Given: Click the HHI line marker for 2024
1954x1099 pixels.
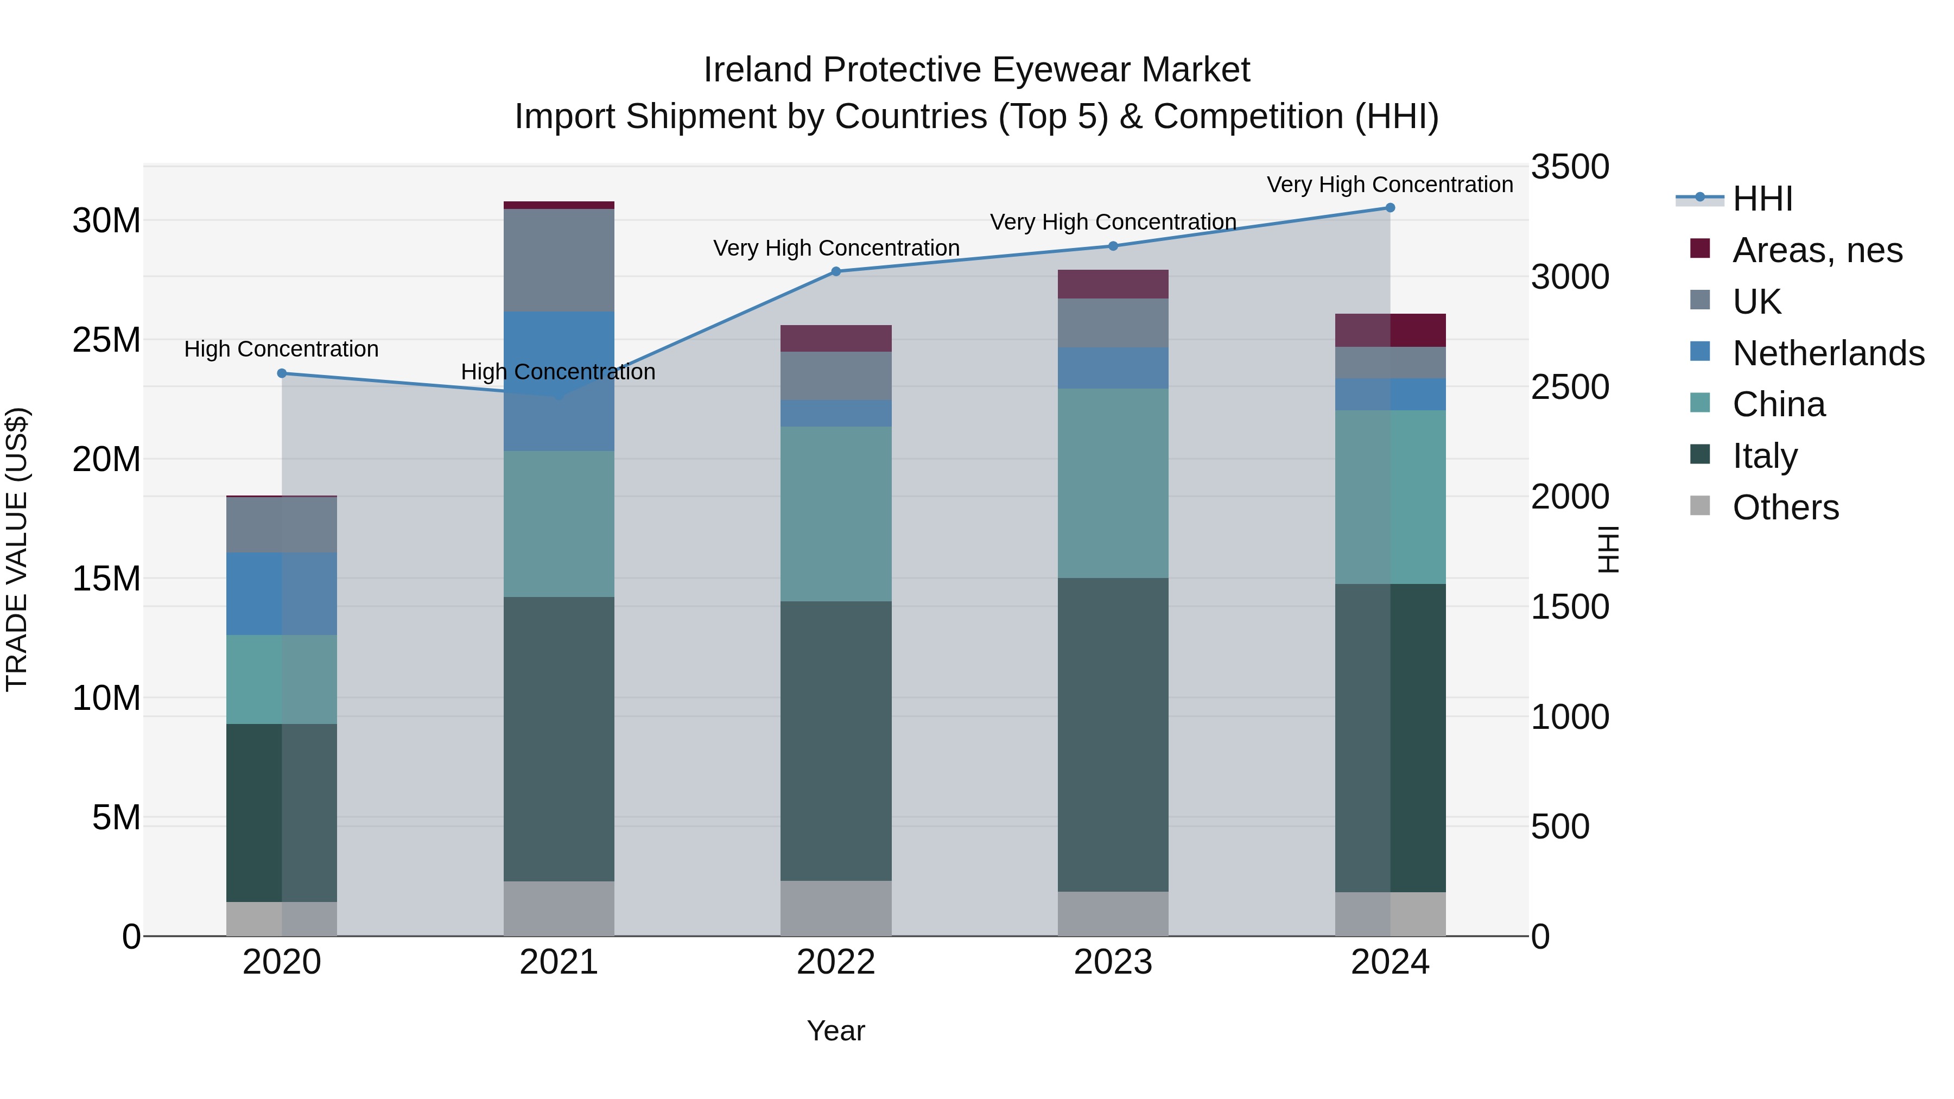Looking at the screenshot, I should (1390, 208).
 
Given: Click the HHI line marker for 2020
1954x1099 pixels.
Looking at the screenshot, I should (281, 373).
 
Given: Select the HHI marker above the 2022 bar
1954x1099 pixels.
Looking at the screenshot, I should (836, 271).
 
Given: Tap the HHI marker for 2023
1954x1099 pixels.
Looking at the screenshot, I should (1113, 246).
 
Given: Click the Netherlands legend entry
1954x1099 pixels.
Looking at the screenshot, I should (1828, 353).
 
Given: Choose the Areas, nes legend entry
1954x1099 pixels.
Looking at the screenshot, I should (1817, 250).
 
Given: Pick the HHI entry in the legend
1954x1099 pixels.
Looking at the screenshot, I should (1762, 199).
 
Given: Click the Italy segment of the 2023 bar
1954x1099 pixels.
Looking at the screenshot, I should (1113, 734).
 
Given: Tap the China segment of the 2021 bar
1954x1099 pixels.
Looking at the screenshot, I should (559, 524).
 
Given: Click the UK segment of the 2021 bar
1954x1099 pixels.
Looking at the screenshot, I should (559, 260).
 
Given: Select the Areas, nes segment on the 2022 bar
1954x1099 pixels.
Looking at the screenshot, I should (836, 338).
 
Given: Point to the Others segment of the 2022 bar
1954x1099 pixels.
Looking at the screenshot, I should (836, 908).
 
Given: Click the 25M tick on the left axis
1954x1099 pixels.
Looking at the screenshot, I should (106, 340).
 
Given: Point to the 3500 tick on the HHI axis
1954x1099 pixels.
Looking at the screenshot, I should (1569, 167).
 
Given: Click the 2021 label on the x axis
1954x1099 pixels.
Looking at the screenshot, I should (559, 962).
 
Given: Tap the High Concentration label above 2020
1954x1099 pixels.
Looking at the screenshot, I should (281, 349).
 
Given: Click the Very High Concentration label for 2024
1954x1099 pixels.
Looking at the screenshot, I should (1390, 185).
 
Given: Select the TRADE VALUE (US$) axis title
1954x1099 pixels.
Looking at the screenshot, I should (17, 549).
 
